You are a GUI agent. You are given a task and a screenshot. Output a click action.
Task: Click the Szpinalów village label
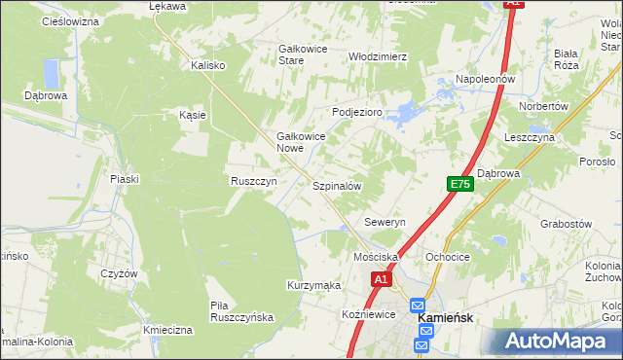click(337, 185)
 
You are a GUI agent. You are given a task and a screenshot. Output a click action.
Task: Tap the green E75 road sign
click(460, 183)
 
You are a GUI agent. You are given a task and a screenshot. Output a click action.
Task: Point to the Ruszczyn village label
click(253, 181)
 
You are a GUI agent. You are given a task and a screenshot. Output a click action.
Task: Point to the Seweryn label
click(385, 222)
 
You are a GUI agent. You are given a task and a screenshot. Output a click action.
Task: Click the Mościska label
click(376, 257)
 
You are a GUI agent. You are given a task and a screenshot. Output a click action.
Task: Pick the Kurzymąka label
click(312, 285)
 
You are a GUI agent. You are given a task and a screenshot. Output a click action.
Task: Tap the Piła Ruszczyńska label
click(242, 311)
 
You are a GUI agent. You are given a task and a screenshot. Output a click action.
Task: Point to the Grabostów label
click(566, 223)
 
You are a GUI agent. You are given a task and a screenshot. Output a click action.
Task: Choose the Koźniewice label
click(368, 314)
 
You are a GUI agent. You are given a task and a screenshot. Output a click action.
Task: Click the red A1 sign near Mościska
click(381, 279)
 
